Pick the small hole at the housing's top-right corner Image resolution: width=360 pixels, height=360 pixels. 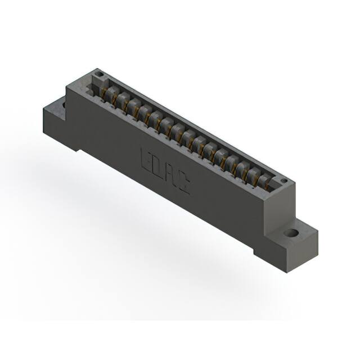pos(285,181)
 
